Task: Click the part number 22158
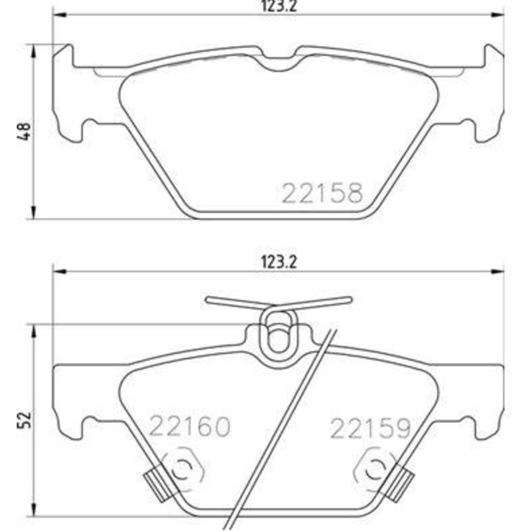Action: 322,193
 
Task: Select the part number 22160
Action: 190,427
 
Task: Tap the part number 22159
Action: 370,428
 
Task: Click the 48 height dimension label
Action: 25,131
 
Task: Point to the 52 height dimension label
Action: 25,420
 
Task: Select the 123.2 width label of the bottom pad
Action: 279,262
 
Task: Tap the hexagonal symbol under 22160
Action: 184,469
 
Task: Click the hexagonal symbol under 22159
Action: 374,469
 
